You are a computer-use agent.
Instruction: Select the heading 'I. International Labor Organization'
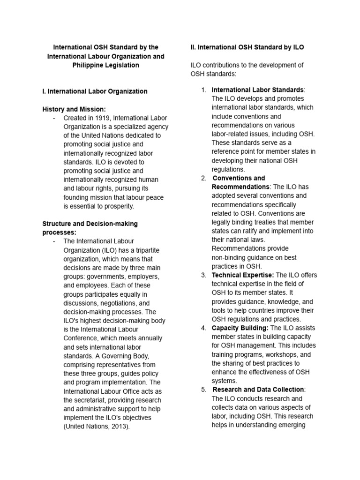point(95,91)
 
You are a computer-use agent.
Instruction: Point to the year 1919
point(101,118)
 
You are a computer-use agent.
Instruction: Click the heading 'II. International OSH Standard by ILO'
point(247,47)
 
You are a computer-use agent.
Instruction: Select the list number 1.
point(203,90)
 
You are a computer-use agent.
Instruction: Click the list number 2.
point(203,178)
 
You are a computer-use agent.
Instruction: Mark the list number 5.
point(203,390)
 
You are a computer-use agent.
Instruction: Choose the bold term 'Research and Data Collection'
point(258,390)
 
